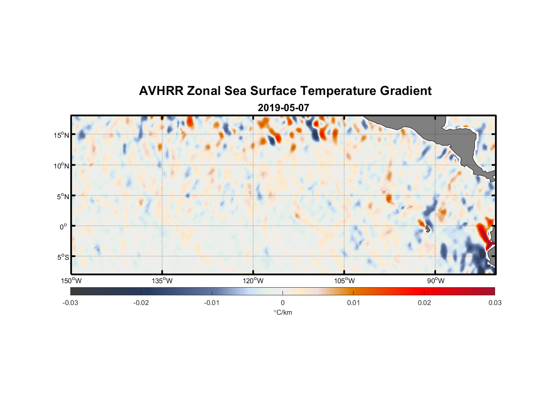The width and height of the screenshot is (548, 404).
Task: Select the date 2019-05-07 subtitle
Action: click(283, 108)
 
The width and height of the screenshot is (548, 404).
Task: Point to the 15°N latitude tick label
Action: click(61, 135)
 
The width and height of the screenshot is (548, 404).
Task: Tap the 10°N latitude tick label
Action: click(61, 166)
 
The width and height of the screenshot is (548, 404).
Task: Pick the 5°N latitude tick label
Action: click(63, 196)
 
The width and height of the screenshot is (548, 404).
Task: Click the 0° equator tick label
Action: click(63, 227)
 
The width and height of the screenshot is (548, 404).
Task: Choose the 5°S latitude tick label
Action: click(63, 257)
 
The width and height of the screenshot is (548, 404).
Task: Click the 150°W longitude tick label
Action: click(71, 281)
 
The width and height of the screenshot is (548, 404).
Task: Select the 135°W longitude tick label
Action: click(162, 281)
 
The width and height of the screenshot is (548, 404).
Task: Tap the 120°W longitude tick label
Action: click(253, 281)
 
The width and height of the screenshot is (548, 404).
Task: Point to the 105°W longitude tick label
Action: click(344, 281)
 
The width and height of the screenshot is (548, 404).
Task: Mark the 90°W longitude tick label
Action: click(435, 281)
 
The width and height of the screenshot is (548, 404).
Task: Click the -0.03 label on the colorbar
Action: click(70, 303)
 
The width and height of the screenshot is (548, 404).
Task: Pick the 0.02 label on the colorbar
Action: click(424, 303)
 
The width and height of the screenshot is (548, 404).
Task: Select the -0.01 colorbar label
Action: click(212, 303)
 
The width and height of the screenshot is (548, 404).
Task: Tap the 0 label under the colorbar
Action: click(282, 303)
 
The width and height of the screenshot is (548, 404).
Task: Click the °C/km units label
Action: click(282, 312)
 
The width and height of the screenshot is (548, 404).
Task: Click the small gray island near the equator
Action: click(428, 229)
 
